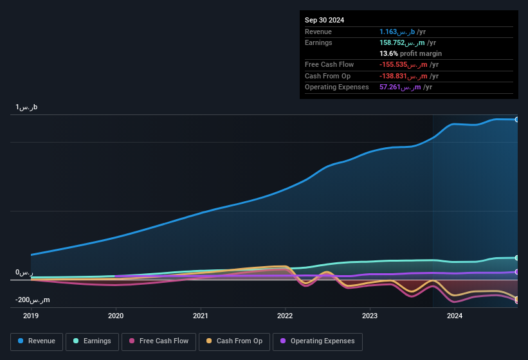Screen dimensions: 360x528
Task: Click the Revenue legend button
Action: point(37,341)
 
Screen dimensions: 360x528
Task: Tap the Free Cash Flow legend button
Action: point(159,341)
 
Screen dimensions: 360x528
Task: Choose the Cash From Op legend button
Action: point(234,341)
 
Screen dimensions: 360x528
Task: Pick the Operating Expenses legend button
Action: point(317,341)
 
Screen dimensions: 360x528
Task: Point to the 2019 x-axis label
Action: point(32,316)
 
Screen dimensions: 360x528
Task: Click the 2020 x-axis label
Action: point(116,316)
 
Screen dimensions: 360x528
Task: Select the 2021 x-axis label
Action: point(201,316)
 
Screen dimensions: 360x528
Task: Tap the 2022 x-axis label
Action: point(285,316)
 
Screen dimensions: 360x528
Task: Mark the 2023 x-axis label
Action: point(370,316)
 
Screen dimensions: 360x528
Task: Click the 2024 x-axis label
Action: point(455,316)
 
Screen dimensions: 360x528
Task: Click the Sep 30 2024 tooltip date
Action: point(324,20)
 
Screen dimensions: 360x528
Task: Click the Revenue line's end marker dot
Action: point(517,120)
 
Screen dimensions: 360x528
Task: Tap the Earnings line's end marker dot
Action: point(517,258)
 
